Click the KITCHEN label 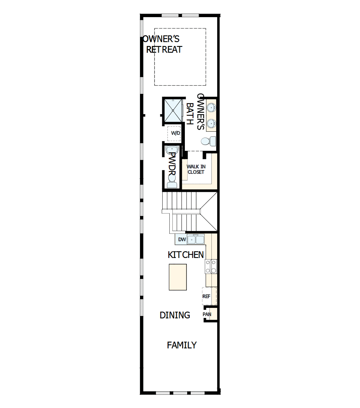[x=186, y=255]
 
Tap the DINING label [x=175, y=315]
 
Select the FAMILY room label [x=182, y=345]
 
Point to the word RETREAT [x=164, y=50]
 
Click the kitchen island [x=177, y=277]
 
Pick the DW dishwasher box [x=181, y=240]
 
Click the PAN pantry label [x=207, y=314]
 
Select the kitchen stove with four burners [x=211, y=267]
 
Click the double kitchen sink [x=196, y=239]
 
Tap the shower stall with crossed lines [x=173, y=110]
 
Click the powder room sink [x=172, y=150]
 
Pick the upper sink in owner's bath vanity [x=211, y=108]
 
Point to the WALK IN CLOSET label [x=196, y=169]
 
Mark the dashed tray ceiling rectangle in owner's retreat [x=180, y=57]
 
